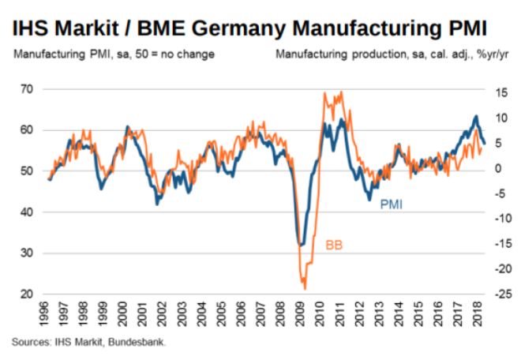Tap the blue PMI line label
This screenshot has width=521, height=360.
click(x=392, y=204)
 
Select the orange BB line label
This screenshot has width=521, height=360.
click(x=334, y=246)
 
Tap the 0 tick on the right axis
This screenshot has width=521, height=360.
click(x=497, y=169)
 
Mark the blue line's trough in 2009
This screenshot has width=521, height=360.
click(x=299, y=245)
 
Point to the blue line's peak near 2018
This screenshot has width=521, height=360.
click(x=476, y=117)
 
